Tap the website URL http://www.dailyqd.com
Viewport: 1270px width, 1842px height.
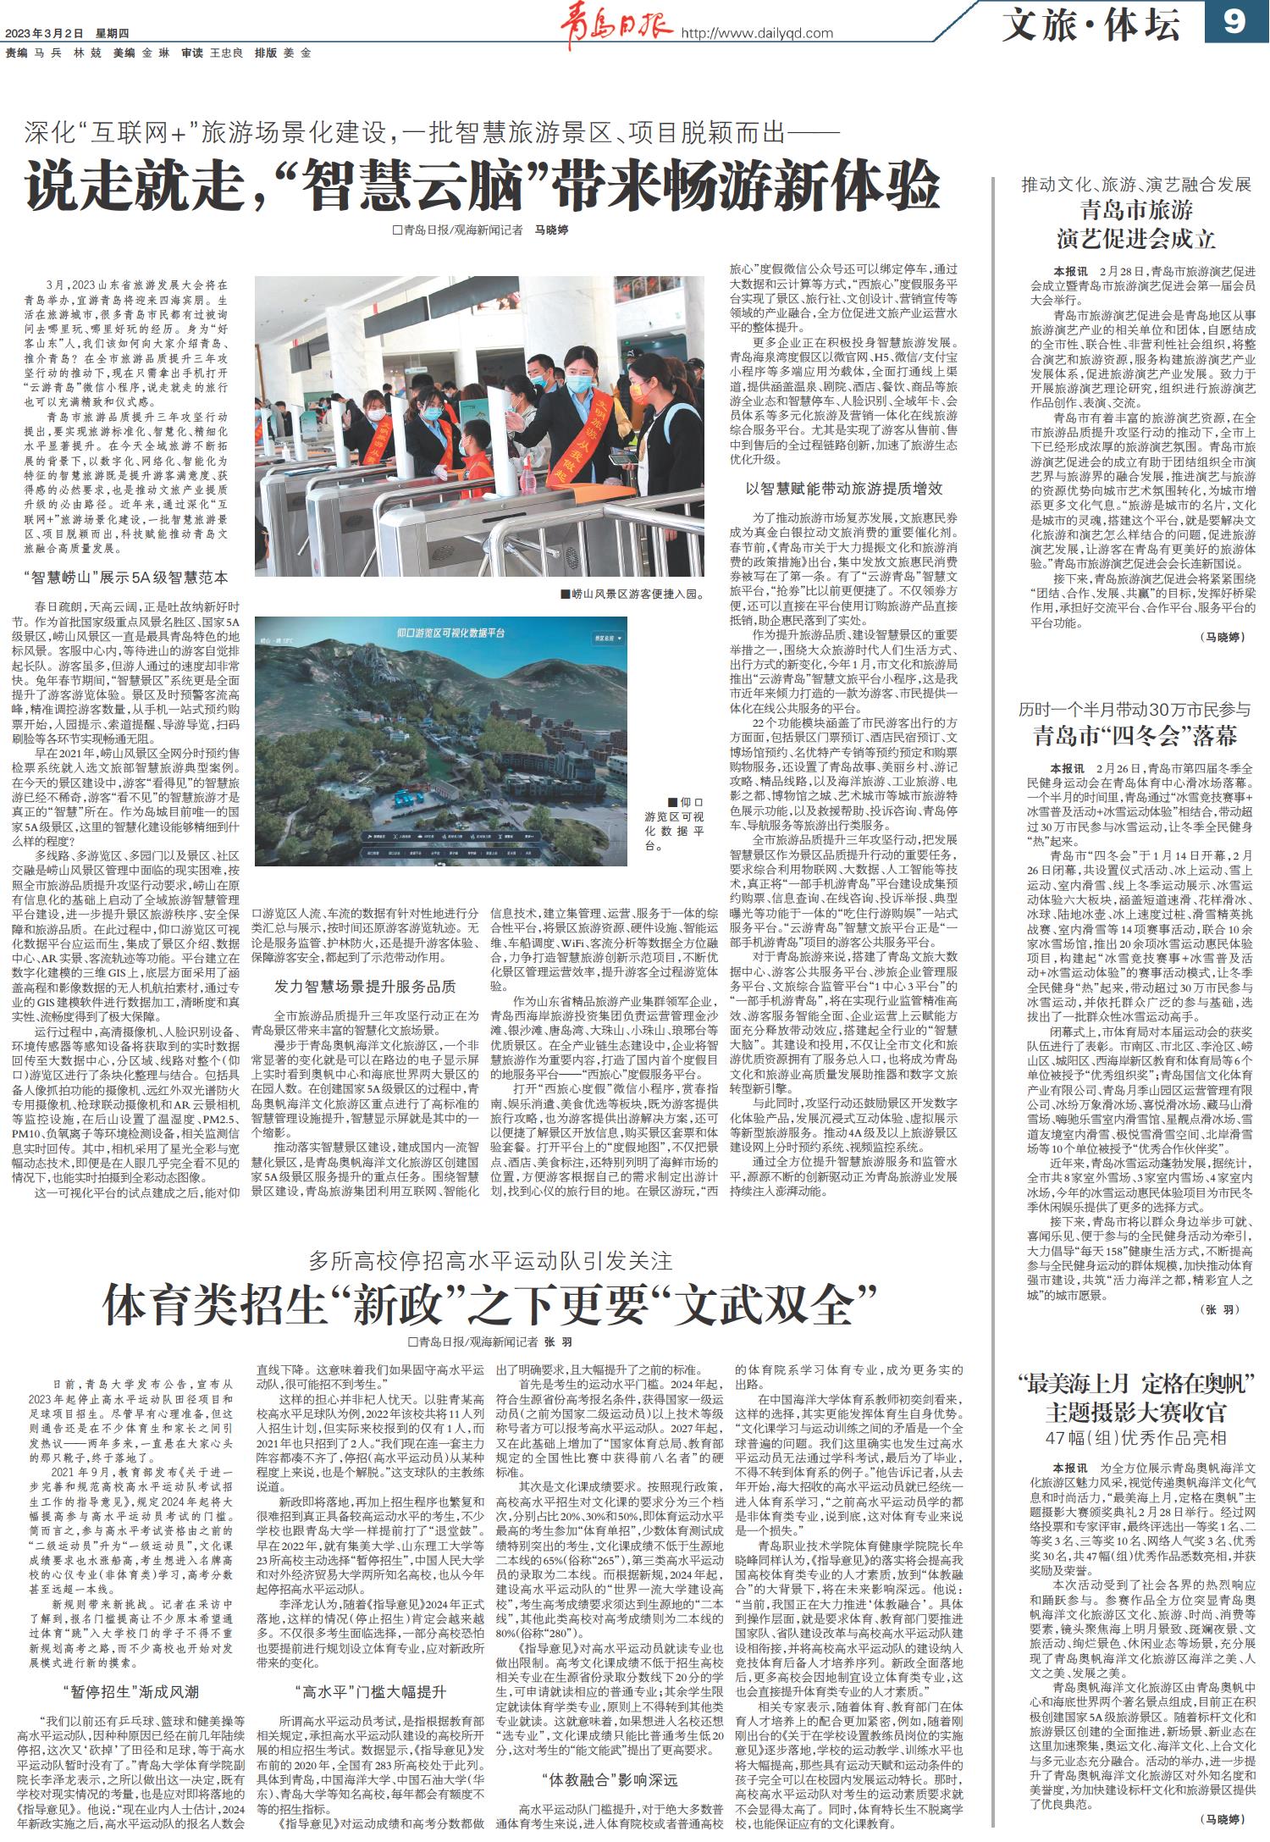pyautogui.click(x=758, y=33)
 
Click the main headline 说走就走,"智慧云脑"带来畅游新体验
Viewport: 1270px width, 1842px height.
pyautogui.click(x=483, y=185)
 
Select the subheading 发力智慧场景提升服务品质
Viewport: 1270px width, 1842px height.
pyautogui.click(x=365, y=986)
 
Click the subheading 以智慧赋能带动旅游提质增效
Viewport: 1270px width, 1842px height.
pyautogui.click(x=843, y=489)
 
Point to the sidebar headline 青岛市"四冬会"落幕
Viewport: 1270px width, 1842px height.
pyautogui.click(x=1135, y=735)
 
